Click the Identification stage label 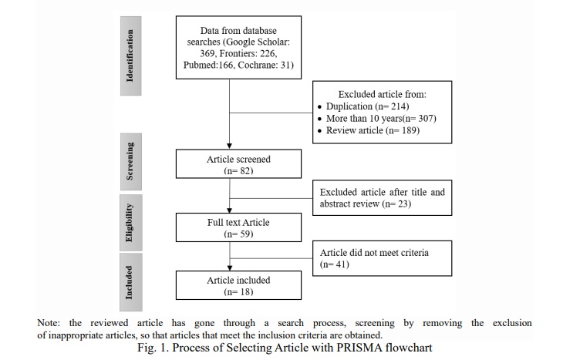(130, 56)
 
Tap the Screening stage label (130, 162)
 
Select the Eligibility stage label (130, 223)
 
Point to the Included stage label (130, 282)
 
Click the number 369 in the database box (207, 54)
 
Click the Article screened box (238, 163)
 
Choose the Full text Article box (238, 227)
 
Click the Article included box (238, 285)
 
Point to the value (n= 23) (396, 204)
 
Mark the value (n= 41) (335, 264)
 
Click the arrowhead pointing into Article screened (229, 146)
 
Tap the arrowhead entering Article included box (230, 268)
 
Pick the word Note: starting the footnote (49, 323)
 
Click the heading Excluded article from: (382, 94)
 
